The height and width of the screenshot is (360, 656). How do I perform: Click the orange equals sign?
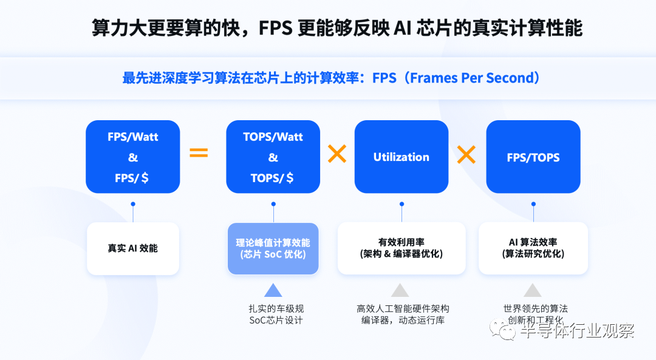point(199,152)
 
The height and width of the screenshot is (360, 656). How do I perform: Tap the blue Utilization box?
point(401,157)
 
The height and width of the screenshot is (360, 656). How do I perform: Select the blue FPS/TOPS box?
point(533,157)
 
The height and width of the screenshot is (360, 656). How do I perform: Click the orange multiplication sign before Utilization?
point(337,154)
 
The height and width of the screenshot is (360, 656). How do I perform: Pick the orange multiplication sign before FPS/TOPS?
point(466,154)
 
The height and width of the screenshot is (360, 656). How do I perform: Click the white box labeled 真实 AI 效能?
point(133,248)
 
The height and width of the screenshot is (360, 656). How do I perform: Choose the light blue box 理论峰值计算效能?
point(273,248)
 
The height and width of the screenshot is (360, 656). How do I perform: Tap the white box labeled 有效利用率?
point(401,248)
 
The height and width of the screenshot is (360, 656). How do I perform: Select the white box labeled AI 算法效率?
point(533,248)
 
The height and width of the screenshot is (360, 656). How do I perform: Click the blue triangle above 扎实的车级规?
point(273,291)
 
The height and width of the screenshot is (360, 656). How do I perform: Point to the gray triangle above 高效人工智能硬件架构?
point(400,291)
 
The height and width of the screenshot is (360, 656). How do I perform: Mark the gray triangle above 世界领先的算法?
point(533,291)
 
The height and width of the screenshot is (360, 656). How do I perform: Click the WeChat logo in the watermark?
point(503,329)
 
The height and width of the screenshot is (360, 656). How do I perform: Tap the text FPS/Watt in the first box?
point(132,137)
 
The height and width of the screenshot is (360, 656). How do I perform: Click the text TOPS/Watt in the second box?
point(273,137)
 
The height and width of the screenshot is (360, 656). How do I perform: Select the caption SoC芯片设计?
point(276,321)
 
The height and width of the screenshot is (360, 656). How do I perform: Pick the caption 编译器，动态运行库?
point(403,321)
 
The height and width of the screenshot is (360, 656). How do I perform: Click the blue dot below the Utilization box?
point(401,204)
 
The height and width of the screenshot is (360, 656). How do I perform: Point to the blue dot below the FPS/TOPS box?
point(533,204)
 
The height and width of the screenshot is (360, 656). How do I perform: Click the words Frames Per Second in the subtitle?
point(472,78)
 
